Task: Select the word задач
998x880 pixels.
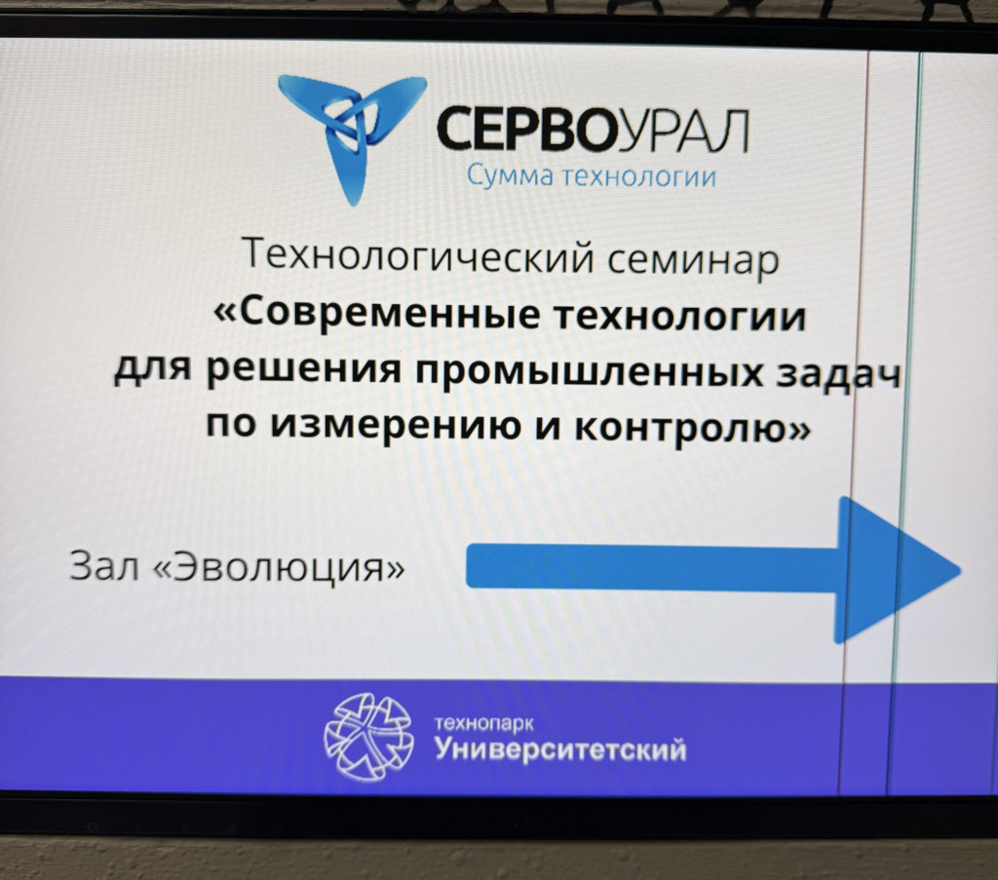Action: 838,372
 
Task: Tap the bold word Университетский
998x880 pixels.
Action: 560,749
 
